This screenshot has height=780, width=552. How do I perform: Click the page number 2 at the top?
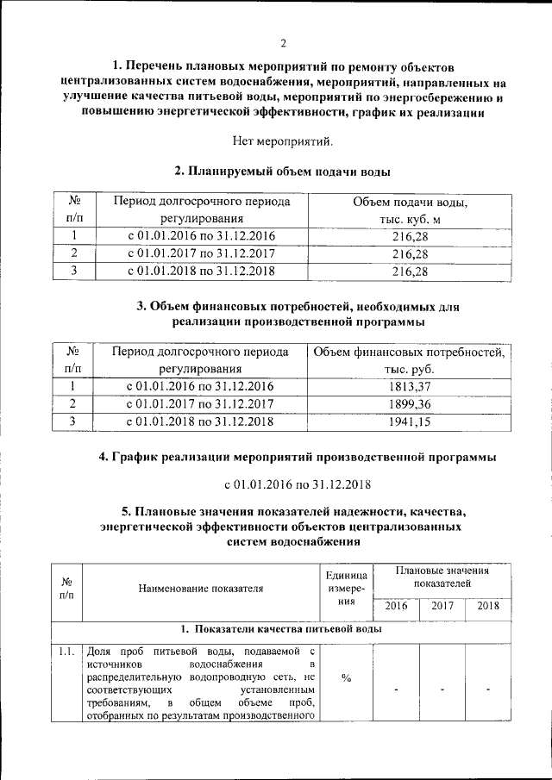282,44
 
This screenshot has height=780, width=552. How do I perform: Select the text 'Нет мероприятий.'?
282,140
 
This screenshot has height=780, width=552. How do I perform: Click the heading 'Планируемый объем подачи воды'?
282,172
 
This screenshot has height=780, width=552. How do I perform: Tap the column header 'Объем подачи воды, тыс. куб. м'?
410,211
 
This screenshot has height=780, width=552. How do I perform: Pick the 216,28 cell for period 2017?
410,253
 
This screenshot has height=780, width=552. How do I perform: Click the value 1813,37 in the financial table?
410,386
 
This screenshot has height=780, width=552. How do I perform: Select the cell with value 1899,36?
410,403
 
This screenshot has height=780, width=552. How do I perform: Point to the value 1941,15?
410,421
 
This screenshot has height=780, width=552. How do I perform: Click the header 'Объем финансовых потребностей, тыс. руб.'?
410,361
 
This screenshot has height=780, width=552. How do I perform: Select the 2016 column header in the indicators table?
396,606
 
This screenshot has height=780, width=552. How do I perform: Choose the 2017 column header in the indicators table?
442,606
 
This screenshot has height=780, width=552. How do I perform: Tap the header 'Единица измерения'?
346,590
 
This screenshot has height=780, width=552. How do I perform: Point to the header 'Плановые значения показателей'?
442,577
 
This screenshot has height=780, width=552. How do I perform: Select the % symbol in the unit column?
346,678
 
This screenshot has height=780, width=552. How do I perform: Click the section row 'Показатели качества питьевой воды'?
282,629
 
